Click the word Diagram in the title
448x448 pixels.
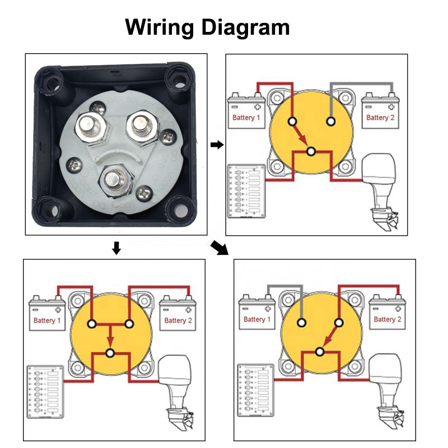tap(247, 27)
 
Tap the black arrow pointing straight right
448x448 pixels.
tap(216, 145)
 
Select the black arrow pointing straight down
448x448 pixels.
tap(116, 248)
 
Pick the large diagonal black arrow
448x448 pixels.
tap(220, 248)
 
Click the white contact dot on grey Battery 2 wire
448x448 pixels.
tap(331, 121)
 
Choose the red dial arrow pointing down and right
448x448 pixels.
tap(301, 135)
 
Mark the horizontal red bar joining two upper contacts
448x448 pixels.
tap(110, 324)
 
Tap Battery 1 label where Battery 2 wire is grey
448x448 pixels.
tap(247, 118)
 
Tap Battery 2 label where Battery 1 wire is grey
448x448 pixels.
tap(384, 319)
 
